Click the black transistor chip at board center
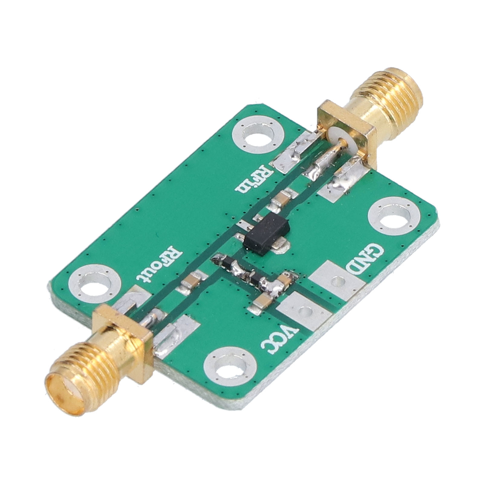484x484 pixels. (x=268, y=233)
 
